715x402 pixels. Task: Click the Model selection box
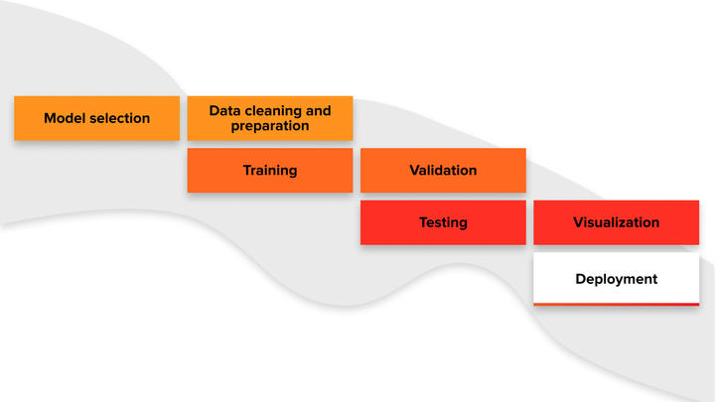click(96, 118)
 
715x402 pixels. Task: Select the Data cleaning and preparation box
click(270, 118)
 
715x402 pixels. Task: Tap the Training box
click(270, 170)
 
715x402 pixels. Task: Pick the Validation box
click(443, 170)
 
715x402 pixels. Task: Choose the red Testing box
click(443, 222)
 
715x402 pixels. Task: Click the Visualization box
click(616, 222)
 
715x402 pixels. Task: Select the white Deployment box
click(616, 279)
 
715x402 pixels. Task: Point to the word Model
click(65, 118)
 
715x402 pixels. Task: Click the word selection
click(119, 118)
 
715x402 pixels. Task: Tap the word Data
click(224, 111)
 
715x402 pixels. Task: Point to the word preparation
click(270, 126)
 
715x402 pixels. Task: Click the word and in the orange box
click(319, 111)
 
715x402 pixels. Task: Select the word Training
click(270, 171)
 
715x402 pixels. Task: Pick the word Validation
click(443, 170)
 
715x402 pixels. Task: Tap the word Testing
click(443, 223)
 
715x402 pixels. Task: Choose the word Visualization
click(616, 222)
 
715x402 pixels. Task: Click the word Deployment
click(616, 279)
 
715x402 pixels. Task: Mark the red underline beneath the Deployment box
click(616, 304)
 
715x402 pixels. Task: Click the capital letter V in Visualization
click(579, 222)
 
